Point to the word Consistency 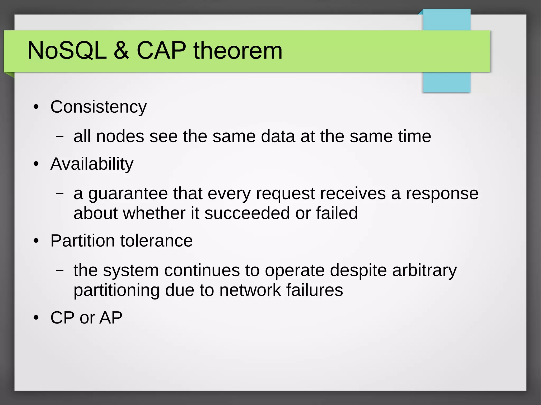tap(99, 107)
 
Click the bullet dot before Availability tap(36, 164)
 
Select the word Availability tap(92, 164)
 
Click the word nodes tap(120, 136)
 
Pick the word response tap(442, 194)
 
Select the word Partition tap(82, 241)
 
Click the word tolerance tap(156, 241)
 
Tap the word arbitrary tap(424, 270)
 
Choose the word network tap(250, 290)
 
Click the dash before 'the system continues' tap(60, 270)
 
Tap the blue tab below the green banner tap(446, 82)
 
